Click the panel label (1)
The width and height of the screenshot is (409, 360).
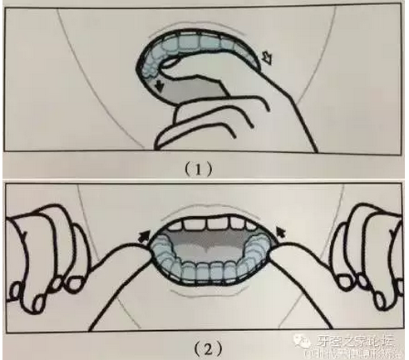pos(204,167)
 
